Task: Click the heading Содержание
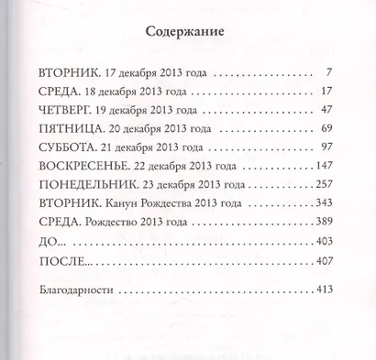click(x=186, y=34)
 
